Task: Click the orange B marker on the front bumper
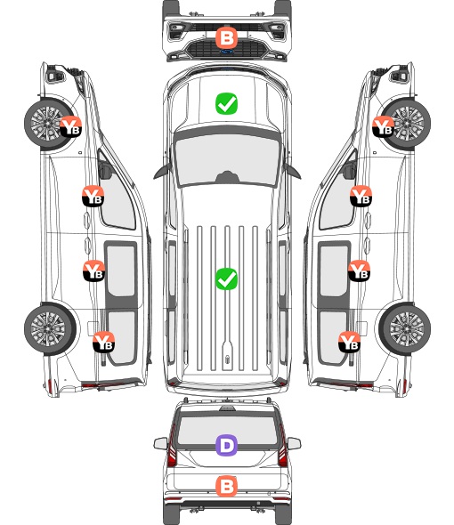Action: click(x=226, y=38)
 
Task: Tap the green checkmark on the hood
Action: click(x=226, y=103)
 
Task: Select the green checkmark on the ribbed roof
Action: click(x=226, y=279)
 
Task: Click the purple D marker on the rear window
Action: click(x=226, y=445)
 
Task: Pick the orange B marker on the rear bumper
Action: click(x=226, y=486)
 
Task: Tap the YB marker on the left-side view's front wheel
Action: click(x=70, y=126)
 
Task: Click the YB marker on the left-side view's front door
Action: click(x=93, y=196)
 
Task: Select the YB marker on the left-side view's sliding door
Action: click(x=93, y=271)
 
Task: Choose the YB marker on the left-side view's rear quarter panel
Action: click(x=103, y=342)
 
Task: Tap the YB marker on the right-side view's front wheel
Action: click(x=384, y=126)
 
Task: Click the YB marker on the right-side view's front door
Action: click(x=361, y=196)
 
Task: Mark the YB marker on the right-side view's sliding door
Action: click(x=359, y=271)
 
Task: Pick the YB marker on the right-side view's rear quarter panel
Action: click(x=349, y=342)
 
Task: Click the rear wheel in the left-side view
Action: click(x=50, y=329)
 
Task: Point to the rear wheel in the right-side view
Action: click(x=404, y=329)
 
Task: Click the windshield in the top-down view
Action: click(x=227, y=160)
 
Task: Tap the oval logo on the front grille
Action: click(x=227, y=52)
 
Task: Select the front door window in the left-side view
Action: click(x=117, y=196)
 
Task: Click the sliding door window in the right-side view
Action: click(x=334, y=271)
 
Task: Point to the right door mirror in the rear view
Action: click(x=294, y=444)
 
